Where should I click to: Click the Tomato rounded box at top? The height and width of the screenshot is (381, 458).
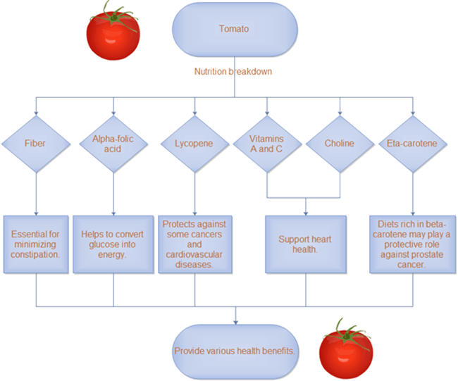[233, 30]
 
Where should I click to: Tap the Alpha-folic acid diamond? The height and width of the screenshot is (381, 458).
[113, 144]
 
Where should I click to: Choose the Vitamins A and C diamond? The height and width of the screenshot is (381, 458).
[267, 144]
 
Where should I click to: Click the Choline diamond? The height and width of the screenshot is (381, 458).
[340, 144]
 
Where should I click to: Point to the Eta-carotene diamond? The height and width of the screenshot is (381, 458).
[412, 144]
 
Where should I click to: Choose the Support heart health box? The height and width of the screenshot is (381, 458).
[305, 244]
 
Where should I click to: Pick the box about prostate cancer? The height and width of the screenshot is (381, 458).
[411, 244]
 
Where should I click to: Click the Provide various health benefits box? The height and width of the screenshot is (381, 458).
[234, 351]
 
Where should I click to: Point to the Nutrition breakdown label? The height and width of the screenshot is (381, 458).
[233, 71]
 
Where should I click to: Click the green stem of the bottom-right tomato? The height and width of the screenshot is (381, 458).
[345, 331]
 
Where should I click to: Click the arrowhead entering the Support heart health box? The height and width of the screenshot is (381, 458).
[305, 212]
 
